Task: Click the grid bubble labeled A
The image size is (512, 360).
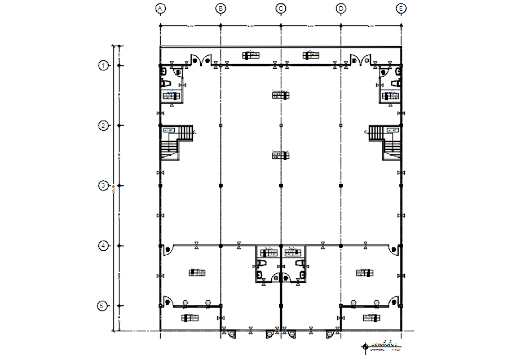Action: [161, 8]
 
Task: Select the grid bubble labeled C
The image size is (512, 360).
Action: [281, 8]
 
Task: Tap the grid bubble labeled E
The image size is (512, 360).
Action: [401, 8]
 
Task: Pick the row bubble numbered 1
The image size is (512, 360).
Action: [103, 65]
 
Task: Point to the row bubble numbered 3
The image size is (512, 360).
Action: [103, 185]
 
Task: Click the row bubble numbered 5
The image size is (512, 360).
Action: [102, 306]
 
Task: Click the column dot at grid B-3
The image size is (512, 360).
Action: [221, 185]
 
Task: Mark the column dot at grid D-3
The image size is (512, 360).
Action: [341, 185]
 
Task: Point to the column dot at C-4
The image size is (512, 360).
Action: [281, 246]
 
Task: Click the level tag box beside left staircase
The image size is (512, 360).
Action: [169, 130]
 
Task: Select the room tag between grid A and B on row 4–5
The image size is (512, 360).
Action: [197, 273]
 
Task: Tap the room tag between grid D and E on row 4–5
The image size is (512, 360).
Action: [365, 273]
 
